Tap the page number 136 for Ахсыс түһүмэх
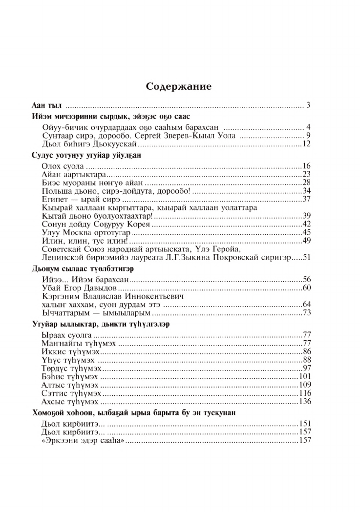[x=305, y=401]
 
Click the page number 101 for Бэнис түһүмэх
[x=305, y=377]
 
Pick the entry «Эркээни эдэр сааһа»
[x=84, y=441]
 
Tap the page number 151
[x=305, y=424]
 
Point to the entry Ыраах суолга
[x=67, y=335]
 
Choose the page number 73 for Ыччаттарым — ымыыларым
[x=307, y=312]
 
